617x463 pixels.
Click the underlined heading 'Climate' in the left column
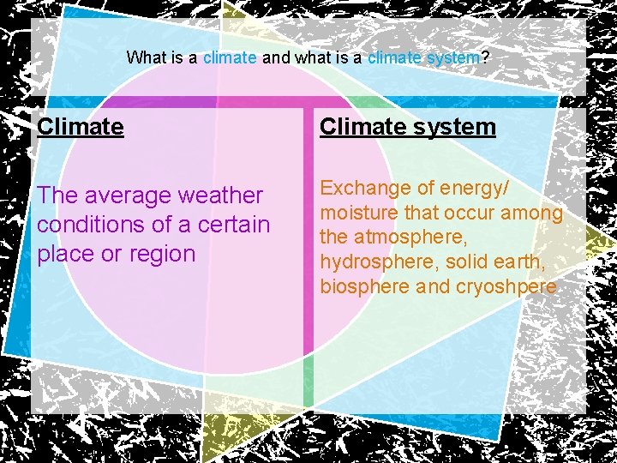point(81,127)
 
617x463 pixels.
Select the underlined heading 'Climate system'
point(408,127)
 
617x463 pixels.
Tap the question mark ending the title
point(485,58)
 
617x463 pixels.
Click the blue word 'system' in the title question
point(453,58)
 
